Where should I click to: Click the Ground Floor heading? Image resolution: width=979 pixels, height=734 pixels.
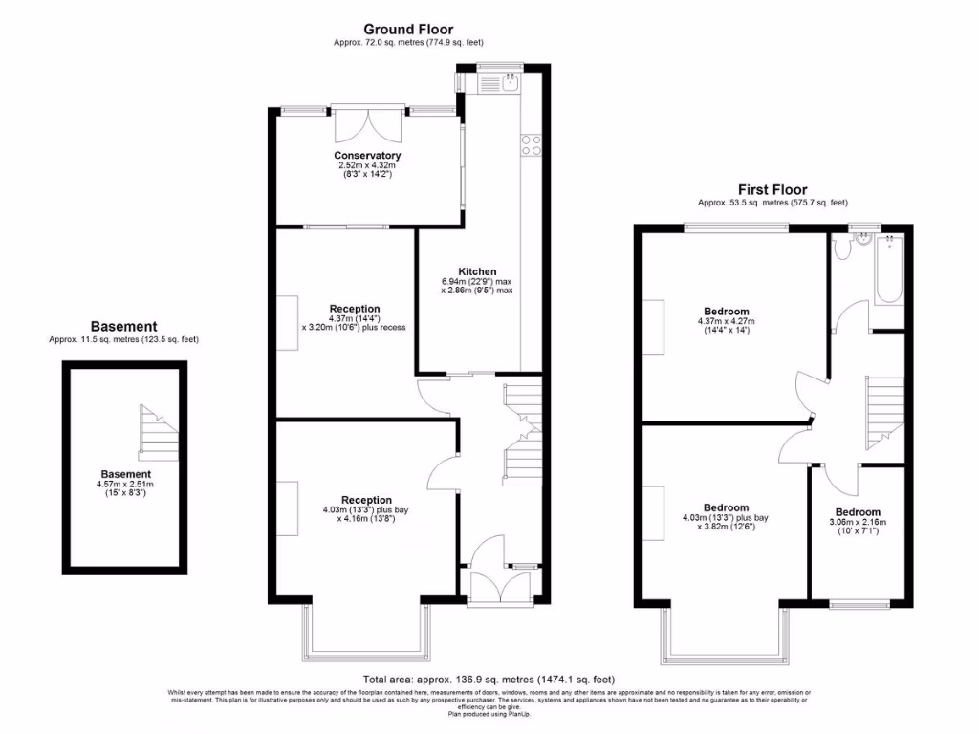coord(408,30)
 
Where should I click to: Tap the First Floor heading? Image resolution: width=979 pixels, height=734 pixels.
coord(772,190)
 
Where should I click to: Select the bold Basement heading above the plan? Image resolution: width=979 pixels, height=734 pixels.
coord(123,327)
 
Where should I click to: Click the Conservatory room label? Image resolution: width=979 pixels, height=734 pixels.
coord(367,156)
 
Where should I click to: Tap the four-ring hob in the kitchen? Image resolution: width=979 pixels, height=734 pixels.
coord(530,145)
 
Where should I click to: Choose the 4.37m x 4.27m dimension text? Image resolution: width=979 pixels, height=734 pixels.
coord(727,322)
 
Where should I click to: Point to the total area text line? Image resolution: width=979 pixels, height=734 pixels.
coord(489,680)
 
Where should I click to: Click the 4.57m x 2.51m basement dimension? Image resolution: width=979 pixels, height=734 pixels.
coord(125,485)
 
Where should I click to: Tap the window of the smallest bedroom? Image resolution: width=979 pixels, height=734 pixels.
coord(858,604)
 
